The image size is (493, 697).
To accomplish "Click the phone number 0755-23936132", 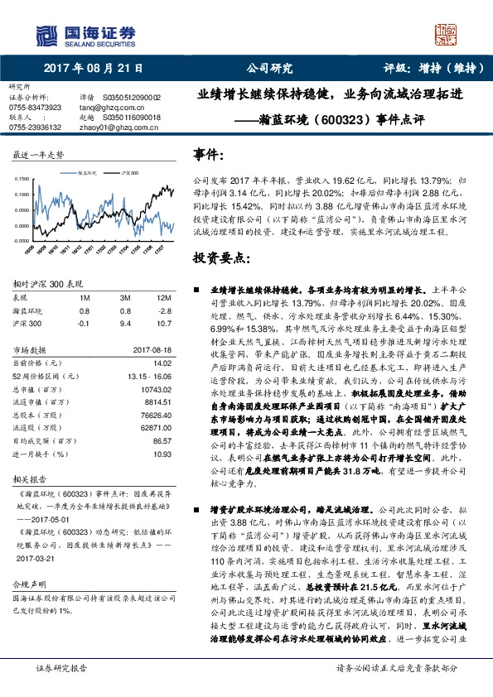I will (x=35, y=127).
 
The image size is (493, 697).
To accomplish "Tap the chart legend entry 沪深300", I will (x=129, y=174).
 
